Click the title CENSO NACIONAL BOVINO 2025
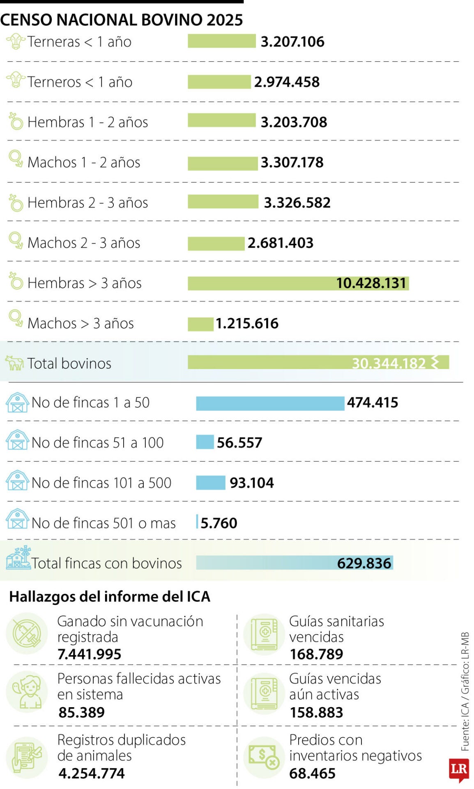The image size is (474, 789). [x=122, y=20]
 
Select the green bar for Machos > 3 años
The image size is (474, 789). [x=200, y=324]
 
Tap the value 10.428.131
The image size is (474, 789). [x=370, y=283]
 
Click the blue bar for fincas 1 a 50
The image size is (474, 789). [x=270, y=403]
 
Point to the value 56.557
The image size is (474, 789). [x=239, y=443]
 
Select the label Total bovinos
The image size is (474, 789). [x=69, y=363]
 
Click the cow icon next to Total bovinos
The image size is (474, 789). [x=14, y=363]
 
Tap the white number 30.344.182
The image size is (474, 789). [x=389, y=363]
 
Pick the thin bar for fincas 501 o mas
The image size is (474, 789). [x=197, y=522]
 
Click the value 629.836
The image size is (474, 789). [x=364, y=563]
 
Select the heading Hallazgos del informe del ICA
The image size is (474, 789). [x=110, y=596]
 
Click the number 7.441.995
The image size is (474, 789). [x=90, y=654]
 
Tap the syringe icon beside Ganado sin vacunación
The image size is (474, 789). [x=27, y=633]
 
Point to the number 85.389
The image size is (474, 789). [x=82, y=712]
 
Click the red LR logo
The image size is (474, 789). [x=459, y=769]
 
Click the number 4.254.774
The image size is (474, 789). [x=92, y=773]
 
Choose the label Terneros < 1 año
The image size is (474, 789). [x=80, y=82]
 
